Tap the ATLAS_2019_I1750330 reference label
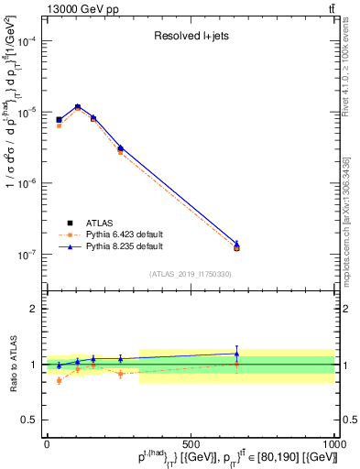click(191, 274)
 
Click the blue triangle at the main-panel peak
click(78, 106)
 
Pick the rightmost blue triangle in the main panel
click(236, 243)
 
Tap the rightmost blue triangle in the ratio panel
click(236, 354)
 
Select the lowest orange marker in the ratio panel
click(60, 380)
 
